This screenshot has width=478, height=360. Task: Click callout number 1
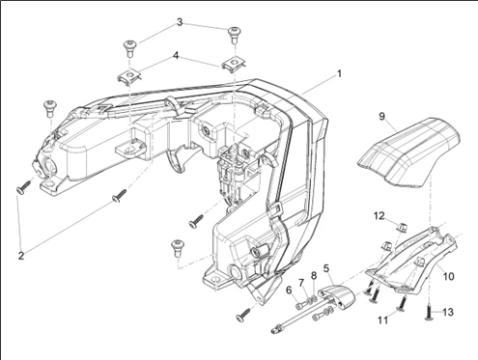tap(339, 74)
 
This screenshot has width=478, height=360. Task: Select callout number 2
tap(21, 256)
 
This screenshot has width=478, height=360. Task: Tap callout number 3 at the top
tap(180, 22)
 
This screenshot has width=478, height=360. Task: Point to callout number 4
tap(176, 56)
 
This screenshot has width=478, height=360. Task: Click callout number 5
tap(326, 268)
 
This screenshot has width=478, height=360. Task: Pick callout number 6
tap(289, 290)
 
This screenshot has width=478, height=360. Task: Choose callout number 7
tap(301, 283)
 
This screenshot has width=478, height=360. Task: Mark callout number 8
tap(314, 276)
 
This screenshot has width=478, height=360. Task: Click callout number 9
tap(381, 116)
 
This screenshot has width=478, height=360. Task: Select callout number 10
tap(448, 276)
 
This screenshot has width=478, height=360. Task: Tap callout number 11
tap(382, 320)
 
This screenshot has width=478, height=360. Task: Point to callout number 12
tap(380, 216)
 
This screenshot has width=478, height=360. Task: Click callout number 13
tap(448, 312)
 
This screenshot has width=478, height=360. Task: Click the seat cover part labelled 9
tap(408, 152)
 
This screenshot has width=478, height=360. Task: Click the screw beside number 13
tap(429, 313)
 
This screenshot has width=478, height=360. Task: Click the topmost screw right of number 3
tap(234, 35)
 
